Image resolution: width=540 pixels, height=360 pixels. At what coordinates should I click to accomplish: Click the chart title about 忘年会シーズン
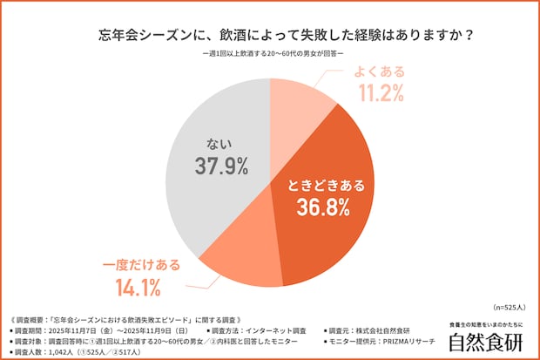point(270,36)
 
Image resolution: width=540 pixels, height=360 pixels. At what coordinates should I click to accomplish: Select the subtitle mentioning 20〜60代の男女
point(271,55)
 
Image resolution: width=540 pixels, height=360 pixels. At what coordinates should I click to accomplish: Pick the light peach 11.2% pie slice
point(300,100)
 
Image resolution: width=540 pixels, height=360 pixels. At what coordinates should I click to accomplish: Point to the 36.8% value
point(320,207)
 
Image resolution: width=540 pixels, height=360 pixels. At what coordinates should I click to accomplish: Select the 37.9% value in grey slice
point(222,166)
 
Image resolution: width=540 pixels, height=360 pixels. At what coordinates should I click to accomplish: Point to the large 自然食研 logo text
point(486,342)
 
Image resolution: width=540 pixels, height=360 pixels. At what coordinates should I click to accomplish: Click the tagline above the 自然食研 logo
point(486,324)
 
